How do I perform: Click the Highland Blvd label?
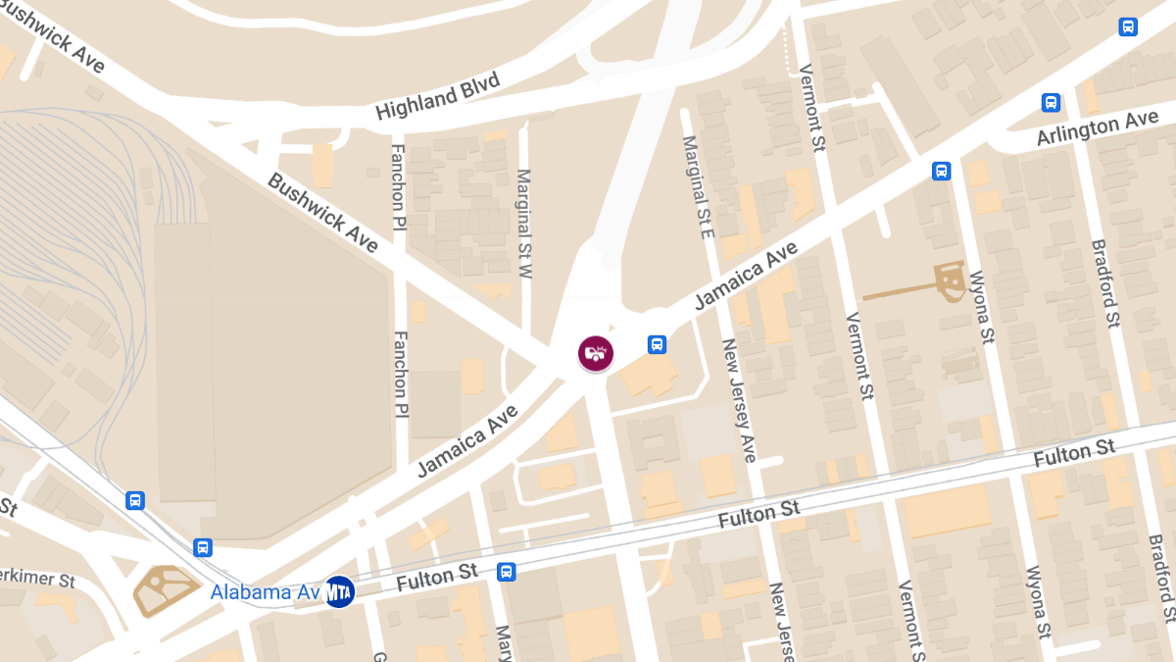[x=438, y=96]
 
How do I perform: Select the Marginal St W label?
[x=524, y=225]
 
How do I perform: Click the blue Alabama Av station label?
[x=265, y=592]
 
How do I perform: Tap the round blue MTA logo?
[x=339, y=591]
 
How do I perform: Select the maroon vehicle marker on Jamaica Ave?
[x=595, y=353]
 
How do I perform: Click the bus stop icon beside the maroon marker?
[x=657, y=344]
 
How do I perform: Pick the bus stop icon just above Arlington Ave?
[x=1051, y=102]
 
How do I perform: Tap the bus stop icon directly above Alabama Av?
[x=203, y=547]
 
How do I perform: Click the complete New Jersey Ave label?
[x=740, y=401]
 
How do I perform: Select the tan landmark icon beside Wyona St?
[x=949, y=280]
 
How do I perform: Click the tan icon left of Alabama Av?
[x=163, y=589]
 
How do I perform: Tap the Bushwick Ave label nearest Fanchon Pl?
[x=322, y=212]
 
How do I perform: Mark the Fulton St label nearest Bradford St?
[x=1074, y=455]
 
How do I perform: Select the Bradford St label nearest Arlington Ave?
[x=1104, y=284]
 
